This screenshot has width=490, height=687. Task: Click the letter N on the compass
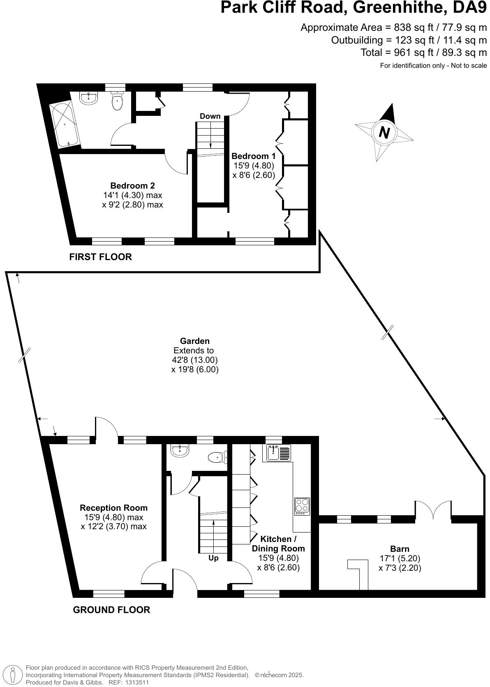pos(384,132)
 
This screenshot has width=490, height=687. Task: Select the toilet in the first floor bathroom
pos(117,102)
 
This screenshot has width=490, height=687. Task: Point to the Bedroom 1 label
pos(253,156)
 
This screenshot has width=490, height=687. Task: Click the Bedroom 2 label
pos(132,186)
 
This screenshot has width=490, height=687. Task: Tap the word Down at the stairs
pos(210,116)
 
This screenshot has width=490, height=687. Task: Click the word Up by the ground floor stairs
pos(213,558)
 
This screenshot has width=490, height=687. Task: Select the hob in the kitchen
pos(302,506)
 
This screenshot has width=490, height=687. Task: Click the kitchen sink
pos(279,453)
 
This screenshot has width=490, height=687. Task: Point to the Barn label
pos(400,549)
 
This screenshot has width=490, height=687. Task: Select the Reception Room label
pos(113,508)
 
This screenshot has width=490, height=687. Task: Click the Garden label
pos(195,341)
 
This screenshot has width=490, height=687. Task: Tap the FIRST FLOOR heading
pos(100,257)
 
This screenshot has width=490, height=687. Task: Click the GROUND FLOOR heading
pos(111,610)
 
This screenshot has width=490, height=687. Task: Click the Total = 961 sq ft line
pos(423,53)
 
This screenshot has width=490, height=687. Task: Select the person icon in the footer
pos(13,675)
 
